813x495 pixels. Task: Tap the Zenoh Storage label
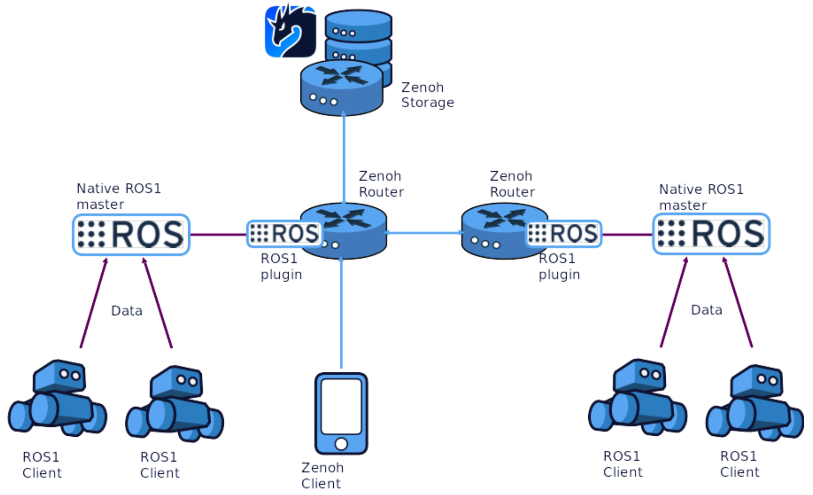tap(427, 95)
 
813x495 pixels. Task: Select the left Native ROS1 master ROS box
tap(131, 235)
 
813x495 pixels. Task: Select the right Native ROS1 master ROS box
tap(711, 234)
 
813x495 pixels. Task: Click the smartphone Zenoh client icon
tap(341, 413)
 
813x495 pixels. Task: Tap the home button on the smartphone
tap(341, 444)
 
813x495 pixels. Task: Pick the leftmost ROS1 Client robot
tap(57, 398)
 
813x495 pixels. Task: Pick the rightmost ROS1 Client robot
tap(755, 403)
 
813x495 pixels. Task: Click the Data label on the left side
tap(126, 311)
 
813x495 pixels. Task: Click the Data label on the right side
tap(706, 310)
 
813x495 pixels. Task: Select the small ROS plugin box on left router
tap(284, 234)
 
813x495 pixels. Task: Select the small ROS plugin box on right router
tap(564, 233)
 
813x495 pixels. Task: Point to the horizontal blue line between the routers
tap(424, 233)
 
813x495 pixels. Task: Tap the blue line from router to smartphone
tap(341, 315)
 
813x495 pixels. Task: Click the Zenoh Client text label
tap(322, 476)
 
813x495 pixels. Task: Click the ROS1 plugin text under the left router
tap(281, 267)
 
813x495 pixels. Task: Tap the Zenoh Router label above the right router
tap(512, 184)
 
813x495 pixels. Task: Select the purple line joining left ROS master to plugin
tap(218, 235)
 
